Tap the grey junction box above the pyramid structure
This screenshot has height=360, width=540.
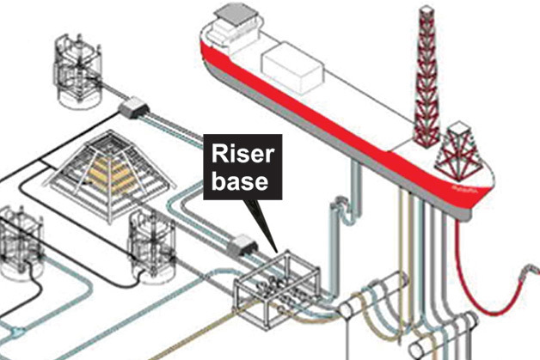coord(134,107)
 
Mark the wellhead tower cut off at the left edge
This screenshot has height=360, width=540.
coord(17,241)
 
